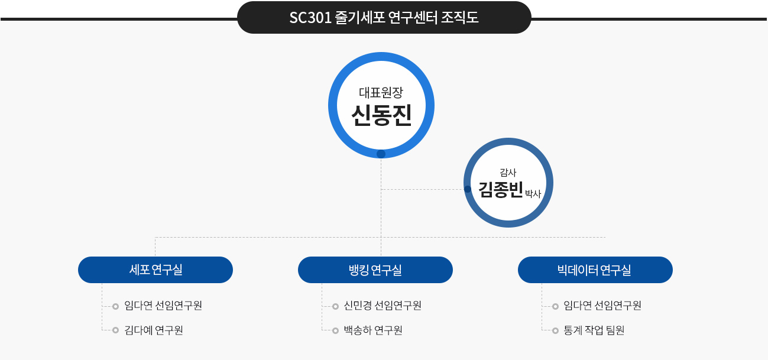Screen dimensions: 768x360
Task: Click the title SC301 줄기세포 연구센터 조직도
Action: [x=384, y=18]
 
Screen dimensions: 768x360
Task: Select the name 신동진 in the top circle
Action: [x=381, y=115]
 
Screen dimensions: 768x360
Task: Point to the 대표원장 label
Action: [x=381, y=92]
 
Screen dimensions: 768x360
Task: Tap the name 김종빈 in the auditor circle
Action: [x=500, y=190]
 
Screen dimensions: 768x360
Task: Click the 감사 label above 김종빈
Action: [x=508, y=172]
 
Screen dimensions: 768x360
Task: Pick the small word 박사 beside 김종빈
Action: [x=533, y=194]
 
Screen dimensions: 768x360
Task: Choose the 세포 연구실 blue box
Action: [x=155, y=270]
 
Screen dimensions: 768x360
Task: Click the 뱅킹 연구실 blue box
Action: [x=375, y=270]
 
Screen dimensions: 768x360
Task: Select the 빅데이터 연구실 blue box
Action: [x=595, y=270]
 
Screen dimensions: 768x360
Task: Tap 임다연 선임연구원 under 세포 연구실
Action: [x=163, y=305]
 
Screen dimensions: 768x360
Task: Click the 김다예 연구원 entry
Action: [x=154, y=330]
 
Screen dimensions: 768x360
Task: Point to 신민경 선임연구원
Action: [x=383, y=305]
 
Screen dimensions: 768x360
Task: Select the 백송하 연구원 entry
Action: [x=373, y=330]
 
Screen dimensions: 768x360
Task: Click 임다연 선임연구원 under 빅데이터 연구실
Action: [x=602, y=305]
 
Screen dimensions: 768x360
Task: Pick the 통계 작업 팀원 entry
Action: [x=594, y=330]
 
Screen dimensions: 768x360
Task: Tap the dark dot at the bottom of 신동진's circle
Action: [x=381, y=154]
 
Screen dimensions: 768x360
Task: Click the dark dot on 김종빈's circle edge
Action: [x=468, y=189]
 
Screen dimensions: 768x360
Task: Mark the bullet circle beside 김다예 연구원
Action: [x=115, y=330]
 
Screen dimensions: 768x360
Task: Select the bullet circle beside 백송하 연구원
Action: [x=335, y=330]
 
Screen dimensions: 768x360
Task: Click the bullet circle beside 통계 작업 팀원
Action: [x=555, y=330]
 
